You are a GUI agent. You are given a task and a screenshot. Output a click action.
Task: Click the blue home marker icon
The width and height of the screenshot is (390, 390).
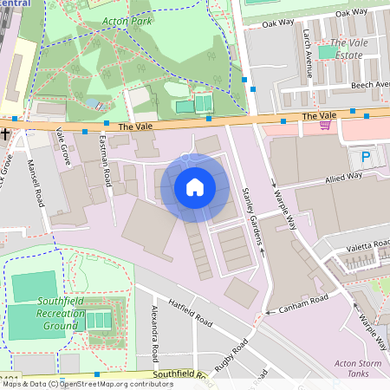(x=195, y=186)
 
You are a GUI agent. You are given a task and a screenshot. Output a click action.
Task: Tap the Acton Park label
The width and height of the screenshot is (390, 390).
(x=127, y=20)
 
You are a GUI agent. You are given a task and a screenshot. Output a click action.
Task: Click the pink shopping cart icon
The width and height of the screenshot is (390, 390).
(x=325, y=125)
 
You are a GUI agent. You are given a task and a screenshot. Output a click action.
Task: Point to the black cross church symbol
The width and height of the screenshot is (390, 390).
(x=6, y=134)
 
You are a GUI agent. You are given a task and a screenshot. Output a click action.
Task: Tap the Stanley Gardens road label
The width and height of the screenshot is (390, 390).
(x=252, y=216)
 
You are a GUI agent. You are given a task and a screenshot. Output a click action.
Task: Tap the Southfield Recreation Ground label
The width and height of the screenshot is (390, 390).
(x=41, y=312)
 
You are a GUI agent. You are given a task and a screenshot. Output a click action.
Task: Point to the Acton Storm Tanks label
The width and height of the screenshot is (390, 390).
(x=357, y=368)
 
